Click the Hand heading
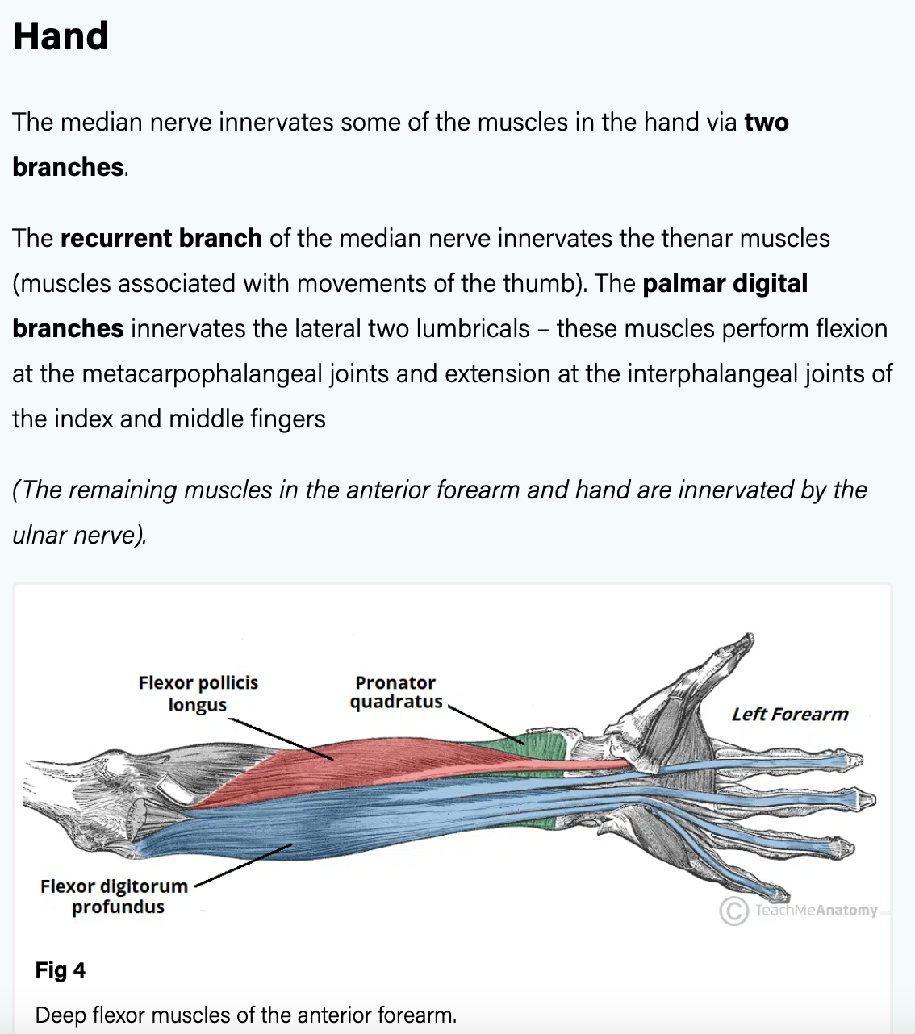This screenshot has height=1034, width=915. coord(61,36)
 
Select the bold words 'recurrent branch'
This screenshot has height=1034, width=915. coord(161,239)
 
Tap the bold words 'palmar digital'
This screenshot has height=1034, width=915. coord(725,284)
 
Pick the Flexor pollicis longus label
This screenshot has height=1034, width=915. coord(198,694)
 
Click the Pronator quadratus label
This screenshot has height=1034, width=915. coord(395,692)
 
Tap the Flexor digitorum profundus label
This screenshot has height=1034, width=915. coord(114,896)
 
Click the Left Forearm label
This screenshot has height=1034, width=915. coord(789,715)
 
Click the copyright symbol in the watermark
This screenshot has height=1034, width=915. coord(733,911)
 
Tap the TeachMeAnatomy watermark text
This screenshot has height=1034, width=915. coord(816,911)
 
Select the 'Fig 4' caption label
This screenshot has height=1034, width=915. coord(60,969)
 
